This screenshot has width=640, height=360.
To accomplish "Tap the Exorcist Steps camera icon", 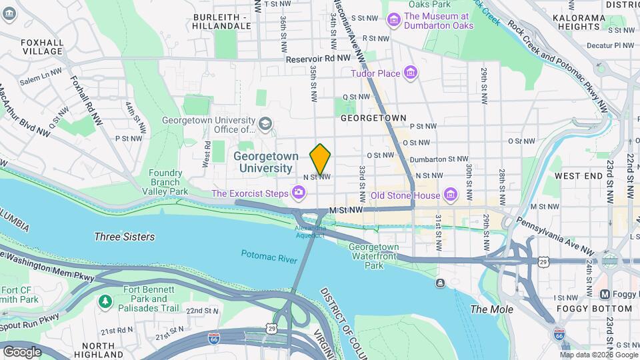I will pyautogui.click(x=298, y=194).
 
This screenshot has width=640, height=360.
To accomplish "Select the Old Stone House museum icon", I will pyautogui.click(x=451, y=195).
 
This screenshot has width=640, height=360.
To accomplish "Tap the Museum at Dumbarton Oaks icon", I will pyautogui.click(x=394, y=21).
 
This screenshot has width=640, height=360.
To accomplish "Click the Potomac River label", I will pyautogui.click(x=269, y=254).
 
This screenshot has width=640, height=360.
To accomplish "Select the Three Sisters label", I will pyautogui.click(x=125, y=237).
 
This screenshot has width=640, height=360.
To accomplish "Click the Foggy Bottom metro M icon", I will pyautogui.click(x=605, y=294).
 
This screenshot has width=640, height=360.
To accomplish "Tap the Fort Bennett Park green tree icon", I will pyautogui.click(x=105, y=301).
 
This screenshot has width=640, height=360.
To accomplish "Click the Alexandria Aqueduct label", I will pyautogui.click(x=310, y=231).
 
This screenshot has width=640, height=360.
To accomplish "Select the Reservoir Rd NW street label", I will pyautogui.click(x=318, y=59).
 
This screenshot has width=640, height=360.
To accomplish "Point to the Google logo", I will pyautogui.click(x=22, y=351).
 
